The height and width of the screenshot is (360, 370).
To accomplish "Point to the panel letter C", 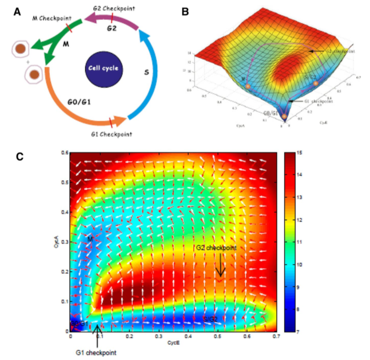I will click(20, 156).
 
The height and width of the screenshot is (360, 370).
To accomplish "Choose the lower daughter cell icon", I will click(34, 75).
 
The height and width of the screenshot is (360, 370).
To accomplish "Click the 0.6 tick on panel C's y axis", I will click(64, 153).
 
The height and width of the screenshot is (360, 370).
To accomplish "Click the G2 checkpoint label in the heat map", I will click(215, 247).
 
